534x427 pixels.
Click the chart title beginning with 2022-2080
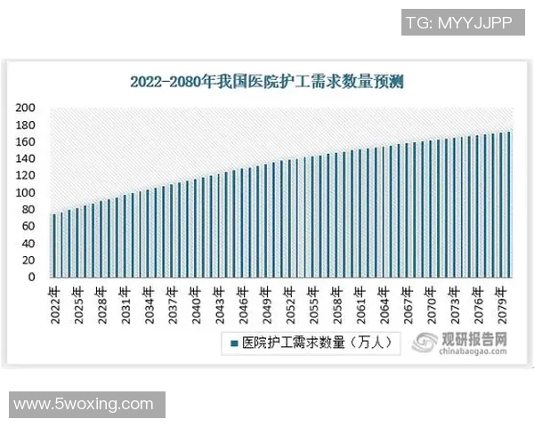[267, 83]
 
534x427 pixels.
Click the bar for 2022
[53, 246]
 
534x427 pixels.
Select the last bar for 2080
[510, 205]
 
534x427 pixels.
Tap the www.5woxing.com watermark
[84, 404]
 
